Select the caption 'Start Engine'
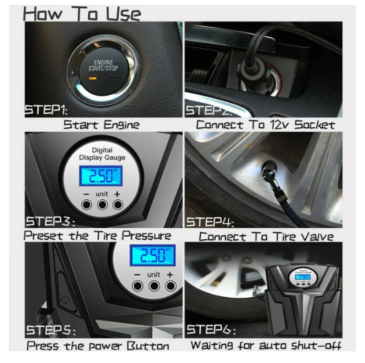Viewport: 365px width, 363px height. coord(101,125)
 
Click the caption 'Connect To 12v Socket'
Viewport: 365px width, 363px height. coord(265,125)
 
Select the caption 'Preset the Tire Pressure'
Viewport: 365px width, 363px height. coord(103,236)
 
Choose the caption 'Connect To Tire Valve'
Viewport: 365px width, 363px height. coord(265,236)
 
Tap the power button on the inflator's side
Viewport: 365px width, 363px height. coord(64,300)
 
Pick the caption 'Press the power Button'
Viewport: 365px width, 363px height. coord(103,346)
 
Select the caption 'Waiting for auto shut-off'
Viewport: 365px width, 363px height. coord(265,346)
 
